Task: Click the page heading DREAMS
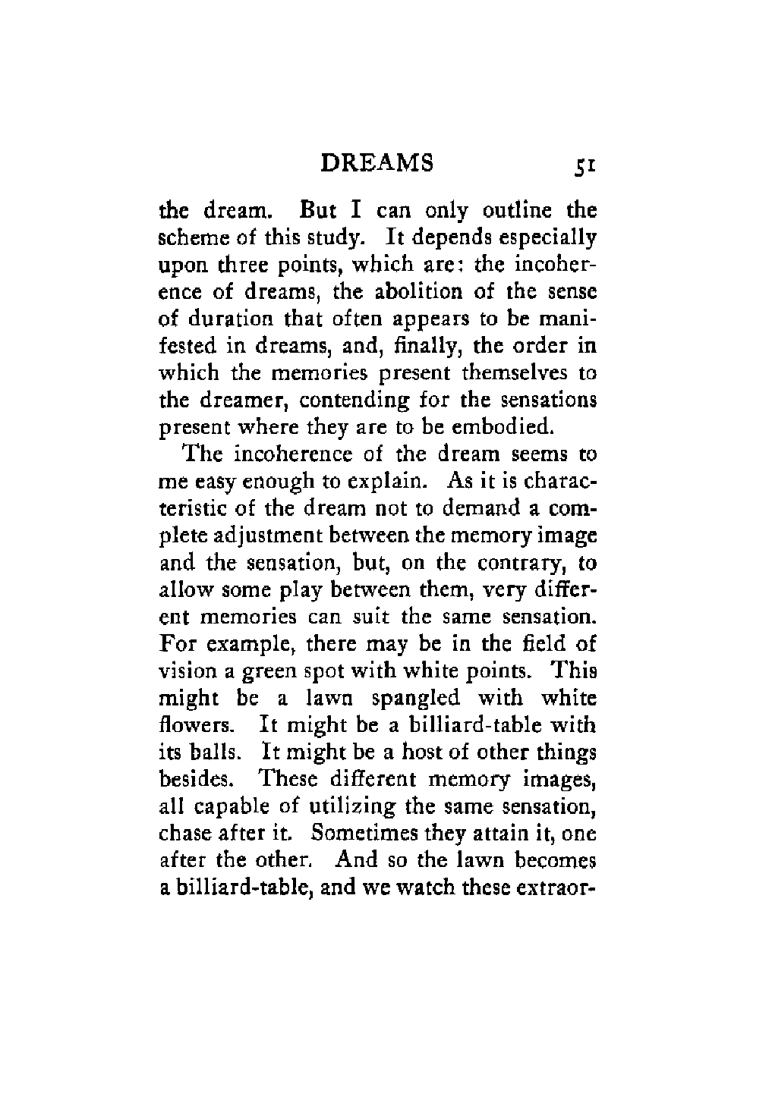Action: [x=377, y=163]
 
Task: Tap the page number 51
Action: [x=584, y=165]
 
